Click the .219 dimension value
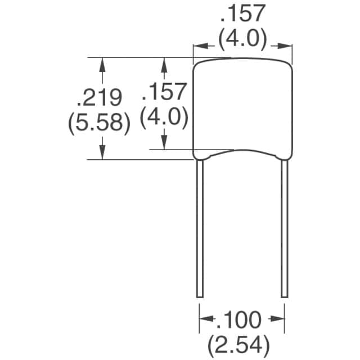click(x=99, y=98)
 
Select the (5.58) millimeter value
click(x=99, y=123)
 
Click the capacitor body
click(x=243, y=110)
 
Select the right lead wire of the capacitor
click(x=285, y=225)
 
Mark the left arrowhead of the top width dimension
click(x=199, y=47)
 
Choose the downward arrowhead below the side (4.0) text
click(x=164, y=143)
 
